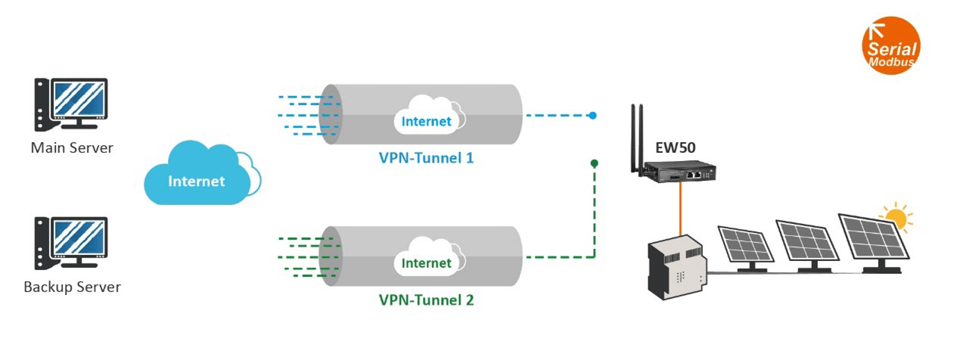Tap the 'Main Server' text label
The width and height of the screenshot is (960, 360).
click(x=72, y=147)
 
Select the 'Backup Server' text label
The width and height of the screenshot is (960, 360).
click(x=72, y=287)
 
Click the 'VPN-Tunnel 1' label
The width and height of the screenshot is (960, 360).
click(x=426, y=159)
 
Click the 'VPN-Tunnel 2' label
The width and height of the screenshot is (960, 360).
click(x=426, y=300)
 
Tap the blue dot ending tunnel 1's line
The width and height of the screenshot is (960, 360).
click(x=593, y=116)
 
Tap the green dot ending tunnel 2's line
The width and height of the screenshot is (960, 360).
click(x=595, y=163)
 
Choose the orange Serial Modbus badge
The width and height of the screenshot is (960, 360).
click(x=890, y=46)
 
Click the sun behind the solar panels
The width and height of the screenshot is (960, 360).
click(x=896, y=218)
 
